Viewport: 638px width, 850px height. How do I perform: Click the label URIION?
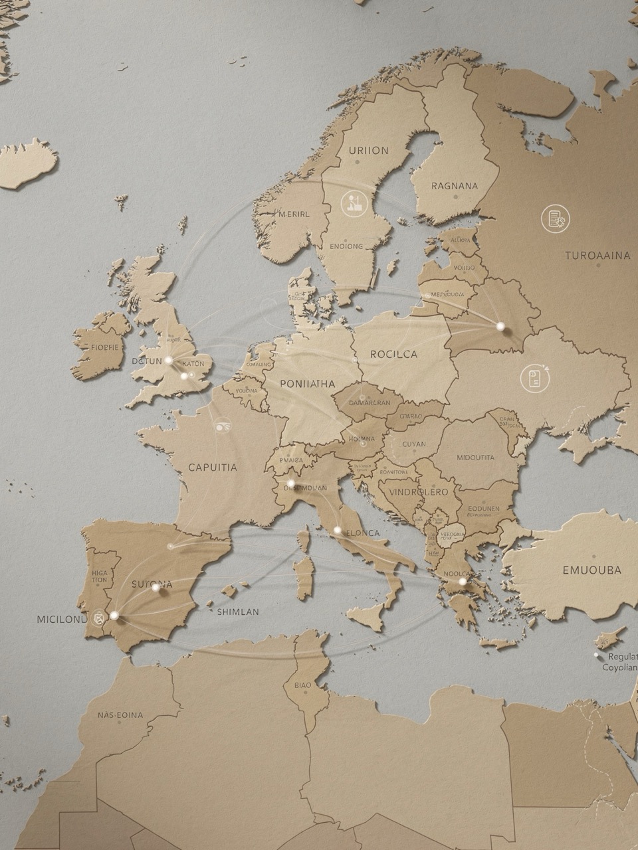click(368, 150)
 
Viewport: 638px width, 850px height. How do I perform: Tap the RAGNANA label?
click(454, 186)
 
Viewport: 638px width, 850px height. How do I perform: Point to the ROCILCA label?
click(393, 354)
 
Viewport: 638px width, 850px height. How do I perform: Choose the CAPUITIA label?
click(213, 467)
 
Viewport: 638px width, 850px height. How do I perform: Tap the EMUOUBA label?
click(592, 570)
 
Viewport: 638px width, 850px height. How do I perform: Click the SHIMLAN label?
click(238, 612)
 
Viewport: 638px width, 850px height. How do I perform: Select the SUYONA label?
click(152, 584)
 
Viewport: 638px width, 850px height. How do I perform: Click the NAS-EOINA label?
click(120, 715)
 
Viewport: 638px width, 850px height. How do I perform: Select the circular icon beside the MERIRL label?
click(352, 203)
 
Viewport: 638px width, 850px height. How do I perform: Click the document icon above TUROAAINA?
click(554, 218)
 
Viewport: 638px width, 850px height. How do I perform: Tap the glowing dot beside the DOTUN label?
click(169, 361)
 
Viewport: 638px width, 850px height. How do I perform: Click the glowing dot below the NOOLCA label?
click(462, 582)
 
